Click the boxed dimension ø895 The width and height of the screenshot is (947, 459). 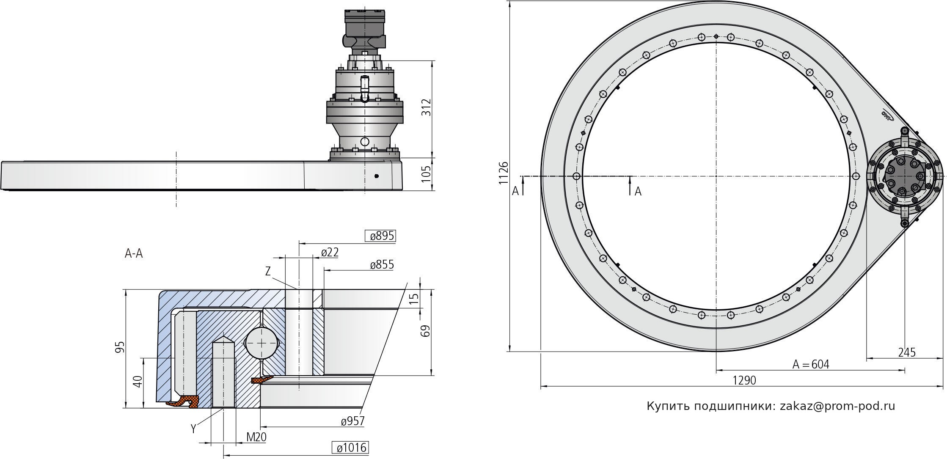point(381,236)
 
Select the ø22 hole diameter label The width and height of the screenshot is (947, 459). point(330,253)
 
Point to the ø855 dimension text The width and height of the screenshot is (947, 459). point(382,265)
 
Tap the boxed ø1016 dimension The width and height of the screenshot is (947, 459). point(351,448)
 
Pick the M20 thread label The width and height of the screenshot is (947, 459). point(256,437)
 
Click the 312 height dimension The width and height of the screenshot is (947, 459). point(426,107)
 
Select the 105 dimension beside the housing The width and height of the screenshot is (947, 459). point(426,174)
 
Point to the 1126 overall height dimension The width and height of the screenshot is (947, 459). point(503,173)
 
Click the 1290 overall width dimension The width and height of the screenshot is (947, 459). point(744,380)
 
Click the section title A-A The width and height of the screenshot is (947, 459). point(134,254)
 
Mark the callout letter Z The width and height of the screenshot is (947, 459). point(267,272)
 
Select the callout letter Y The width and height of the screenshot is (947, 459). point(193,429)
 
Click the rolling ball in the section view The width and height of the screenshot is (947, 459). point(262,343)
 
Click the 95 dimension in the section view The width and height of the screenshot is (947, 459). point(121,347)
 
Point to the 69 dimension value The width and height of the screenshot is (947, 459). point(426,330)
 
